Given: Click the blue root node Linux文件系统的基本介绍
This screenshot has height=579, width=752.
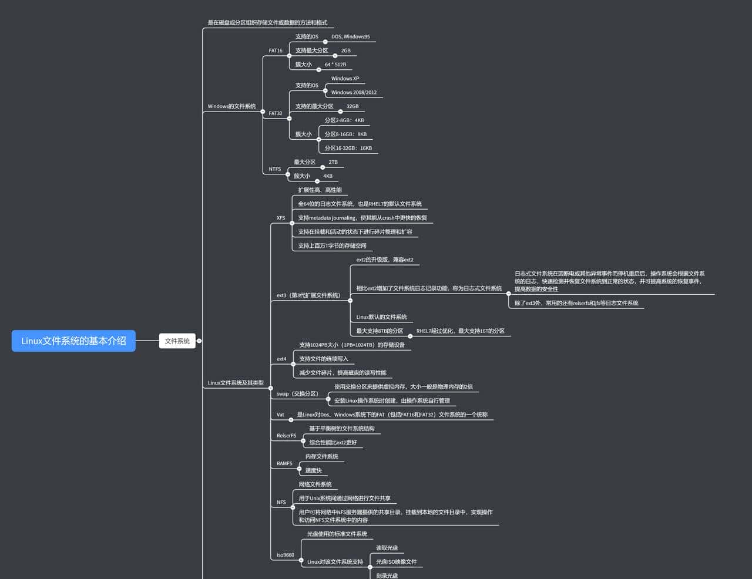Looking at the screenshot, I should click(73, 341).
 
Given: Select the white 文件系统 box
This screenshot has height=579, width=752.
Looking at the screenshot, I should click(177, 341).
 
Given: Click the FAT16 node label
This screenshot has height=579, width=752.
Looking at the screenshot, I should click(276, 51).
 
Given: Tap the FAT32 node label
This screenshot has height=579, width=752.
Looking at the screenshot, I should click(276, 113).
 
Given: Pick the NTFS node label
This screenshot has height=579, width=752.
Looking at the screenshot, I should click(275, 169).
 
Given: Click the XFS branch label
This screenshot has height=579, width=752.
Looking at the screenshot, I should click(281, 218).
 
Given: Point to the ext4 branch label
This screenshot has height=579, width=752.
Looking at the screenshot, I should click(281, 359).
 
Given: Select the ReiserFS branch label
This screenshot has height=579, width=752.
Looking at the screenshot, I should click(286, 436).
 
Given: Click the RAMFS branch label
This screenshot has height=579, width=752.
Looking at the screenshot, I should click(284, 464).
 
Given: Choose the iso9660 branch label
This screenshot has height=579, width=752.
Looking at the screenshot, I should click(286, 555).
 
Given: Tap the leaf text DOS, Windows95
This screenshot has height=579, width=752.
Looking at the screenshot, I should click(350, 37).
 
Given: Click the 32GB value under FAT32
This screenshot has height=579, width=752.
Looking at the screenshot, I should click(352, 107).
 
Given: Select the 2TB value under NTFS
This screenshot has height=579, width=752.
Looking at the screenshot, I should click(333, 162).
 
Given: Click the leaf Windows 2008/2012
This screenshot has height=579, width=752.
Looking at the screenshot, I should click(354, 93).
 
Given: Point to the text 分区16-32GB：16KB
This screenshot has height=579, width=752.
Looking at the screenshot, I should click(348, 149).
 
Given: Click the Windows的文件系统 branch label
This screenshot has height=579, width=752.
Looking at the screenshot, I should click(231, 107).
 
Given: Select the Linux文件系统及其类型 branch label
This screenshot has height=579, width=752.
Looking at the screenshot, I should click(236, 383).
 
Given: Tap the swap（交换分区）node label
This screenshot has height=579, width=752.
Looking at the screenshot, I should click(297, 394).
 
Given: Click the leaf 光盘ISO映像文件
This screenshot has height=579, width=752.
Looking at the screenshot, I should click(396, 562).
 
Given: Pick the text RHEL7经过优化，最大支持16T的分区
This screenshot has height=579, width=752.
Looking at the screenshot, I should click(460, 331).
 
